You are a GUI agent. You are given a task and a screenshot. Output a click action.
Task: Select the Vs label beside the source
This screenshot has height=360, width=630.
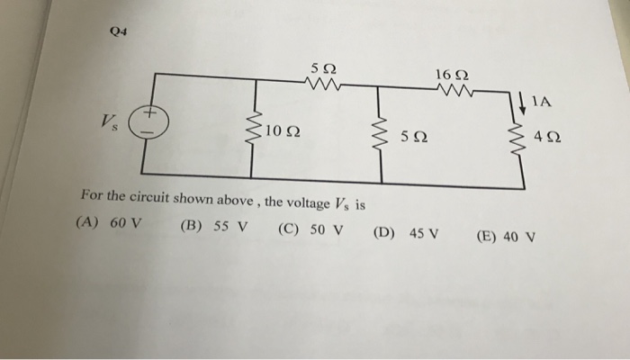tap(112, 121)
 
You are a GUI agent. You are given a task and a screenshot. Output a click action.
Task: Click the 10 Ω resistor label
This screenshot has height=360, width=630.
tap(283, 133)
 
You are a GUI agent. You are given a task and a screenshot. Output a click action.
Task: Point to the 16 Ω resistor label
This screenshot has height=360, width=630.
tap(450, 71)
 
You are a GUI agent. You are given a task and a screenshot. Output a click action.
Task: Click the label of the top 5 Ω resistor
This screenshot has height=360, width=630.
tap(321, 67)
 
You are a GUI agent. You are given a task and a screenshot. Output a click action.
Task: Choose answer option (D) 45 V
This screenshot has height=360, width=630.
tap(406, 233)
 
